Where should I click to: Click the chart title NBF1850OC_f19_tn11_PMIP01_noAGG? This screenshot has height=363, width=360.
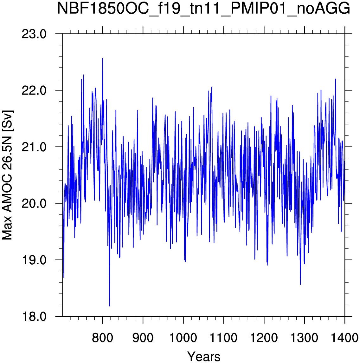pos(203,9)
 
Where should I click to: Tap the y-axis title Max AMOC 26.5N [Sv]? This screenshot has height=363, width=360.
pos(7,175)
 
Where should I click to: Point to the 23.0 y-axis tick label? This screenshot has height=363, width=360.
pos(34,34)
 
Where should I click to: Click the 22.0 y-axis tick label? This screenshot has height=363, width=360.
pos(34,90)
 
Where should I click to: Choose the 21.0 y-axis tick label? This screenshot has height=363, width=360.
pos(34,147)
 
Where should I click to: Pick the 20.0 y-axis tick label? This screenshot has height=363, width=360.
pos(34,203)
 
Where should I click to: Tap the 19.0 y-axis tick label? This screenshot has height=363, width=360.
pos(34,260)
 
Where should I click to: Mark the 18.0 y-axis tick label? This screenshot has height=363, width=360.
pos(34,316)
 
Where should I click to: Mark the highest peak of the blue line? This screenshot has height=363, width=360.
pos(102,58)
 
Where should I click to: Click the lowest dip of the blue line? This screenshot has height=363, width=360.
pos(109,306)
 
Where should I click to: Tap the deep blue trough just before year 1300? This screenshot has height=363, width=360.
pos(300,284)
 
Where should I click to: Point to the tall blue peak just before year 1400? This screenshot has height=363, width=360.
pos(335,79)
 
